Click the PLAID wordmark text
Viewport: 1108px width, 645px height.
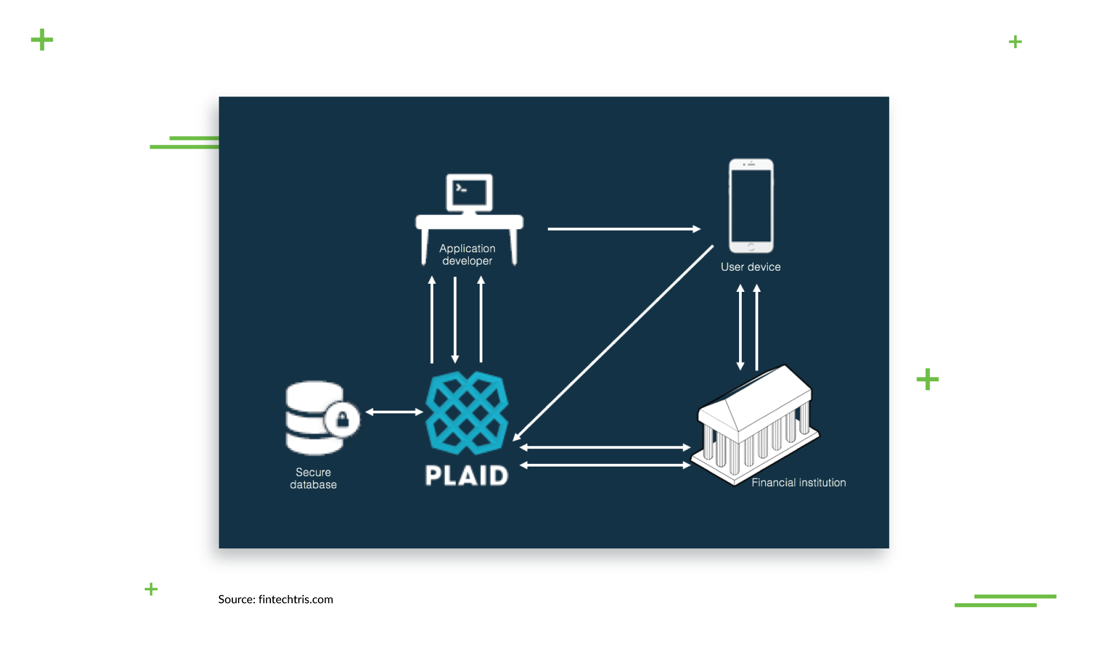pyautogui.click(x=467, y=475)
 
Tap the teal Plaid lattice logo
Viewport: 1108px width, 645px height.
pyautogui.click(x=467, y=413)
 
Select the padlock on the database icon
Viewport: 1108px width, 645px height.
pyautogui.click(x=342, y=419)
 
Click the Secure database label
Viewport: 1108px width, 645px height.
pyautogui.click(x=313, y=478)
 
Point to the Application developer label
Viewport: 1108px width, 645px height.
pyautogui.click(x=467, y=254)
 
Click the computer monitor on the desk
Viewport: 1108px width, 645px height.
pyautogui.click(x=469, y=193)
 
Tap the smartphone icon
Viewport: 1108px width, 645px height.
pyautogui.click(x=751, y=206)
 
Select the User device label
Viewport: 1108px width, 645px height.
pyautogui.click(x=750, y=267)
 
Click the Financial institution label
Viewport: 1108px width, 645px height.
pyautogui.click(x=799, y=482)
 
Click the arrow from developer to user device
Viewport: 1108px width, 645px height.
pyautogui.click(x=624, y=229)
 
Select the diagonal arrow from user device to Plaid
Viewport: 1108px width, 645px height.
pyautogui.click(x=613, y=343)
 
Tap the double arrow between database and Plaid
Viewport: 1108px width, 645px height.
pyautogui.click(x=394, y=412)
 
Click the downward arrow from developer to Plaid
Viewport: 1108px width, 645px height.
pyautogui.click(x=455, y=320)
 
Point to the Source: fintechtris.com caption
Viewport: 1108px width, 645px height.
pyautogui.click(x=276, y=599)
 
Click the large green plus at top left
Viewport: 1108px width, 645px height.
pyautogui.click(x=42, y=40)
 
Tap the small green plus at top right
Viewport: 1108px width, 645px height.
pyautogui.click(x=1015, y=42)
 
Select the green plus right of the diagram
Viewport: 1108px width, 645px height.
pyautogui.click(x=927, y=379)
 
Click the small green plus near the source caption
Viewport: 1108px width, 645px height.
pyautogui.click(x=151, y=589)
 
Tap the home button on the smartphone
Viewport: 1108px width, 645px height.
pyautogui.click(x=751, y=247)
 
